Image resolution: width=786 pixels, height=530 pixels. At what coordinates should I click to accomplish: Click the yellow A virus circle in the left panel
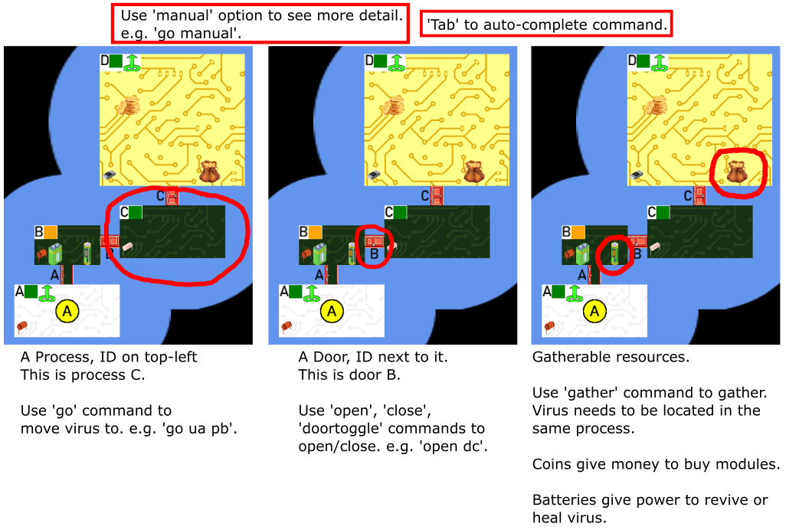[67, 311]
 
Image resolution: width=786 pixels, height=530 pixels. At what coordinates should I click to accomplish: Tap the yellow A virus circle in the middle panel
[332, 311]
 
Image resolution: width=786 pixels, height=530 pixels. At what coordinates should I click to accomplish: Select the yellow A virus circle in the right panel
[594, 311]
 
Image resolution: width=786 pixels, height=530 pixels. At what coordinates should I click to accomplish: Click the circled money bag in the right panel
[737, 172]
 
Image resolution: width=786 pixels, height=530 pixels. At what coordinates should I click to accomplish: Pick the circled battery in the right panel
[614, 253]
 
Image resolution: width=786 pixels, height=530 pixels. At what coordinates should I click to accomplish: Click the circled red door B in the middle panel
[374, 241]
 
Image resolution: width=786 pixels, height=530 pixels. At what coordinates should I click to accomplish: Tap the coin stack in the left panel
[129, 106]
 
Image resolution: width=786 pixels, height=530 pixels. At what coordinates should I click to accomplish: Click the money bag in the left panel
[210, 172]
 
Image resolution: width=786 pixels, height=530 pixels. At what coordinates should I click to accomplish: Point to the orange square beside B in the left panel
[51, 232]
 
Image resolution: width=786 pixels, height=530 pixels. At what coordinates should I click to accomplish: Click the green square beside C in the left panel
[136, 212]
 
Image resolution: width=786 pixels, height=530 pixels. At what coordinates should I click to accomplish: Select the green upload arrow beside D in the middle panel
[397, 63]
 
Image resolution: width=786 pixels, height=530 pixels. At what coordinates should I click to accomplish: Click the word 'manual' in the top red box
[182, 15]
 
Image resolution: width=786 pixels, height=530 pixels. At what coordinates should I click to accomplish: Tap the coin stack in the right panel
[657, 106]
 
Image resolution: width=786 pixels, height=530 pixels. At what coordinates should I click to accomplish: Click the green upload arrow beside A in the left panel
[47, 293]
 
